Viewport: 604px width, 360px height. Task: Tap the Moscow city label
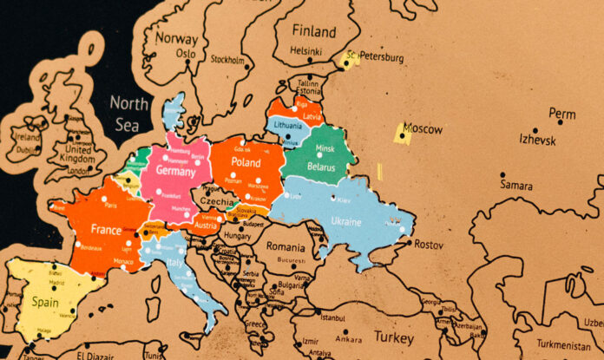(x=423, y=129)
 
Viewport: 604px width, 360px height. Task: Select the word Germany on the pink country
(x=182, y=171)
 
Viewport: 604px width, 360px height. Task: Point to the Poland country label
(x=246, y=162)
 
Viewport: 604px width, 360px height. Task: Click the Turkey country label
(x=395, y=337)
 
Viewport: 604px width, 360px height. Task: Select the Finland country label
(x=313, y=30)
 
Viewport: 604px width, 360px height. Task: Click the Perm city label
(x=562, y=114)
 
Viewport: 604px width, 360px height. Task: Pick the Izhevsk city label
(x=538, y=139)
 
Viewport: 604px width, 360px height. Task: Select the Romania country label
(x=286, y=246)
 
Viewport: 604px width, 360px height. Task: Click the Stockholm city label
(x=227, y=61)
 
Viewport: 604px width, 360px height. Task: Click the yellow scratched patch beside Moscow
(x=402, y=134)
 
